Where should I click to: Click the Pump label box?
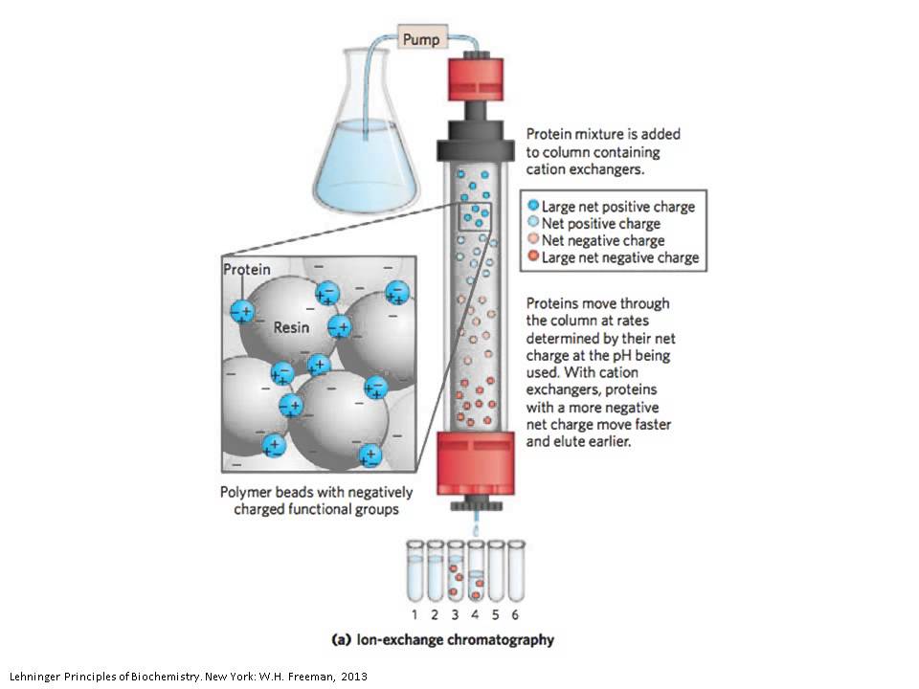(x=420, y=40)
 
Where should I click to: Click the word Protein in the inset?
(x=246, y=270)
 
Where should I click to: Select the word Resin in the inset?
(x=293, y=326)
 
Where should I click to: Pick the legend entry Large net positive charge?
(x=617, y=206)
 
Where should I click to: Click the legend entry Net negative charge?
(x=602, y=240)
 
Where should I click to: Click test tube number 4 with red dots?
(x=475, y=579)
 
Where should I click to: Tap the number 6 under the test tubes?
(x=515, y=614)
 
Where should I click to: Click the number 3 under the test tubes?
(x=455, y=614)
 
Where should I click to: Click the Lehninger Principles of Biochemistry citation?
(x=188, y=677)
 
